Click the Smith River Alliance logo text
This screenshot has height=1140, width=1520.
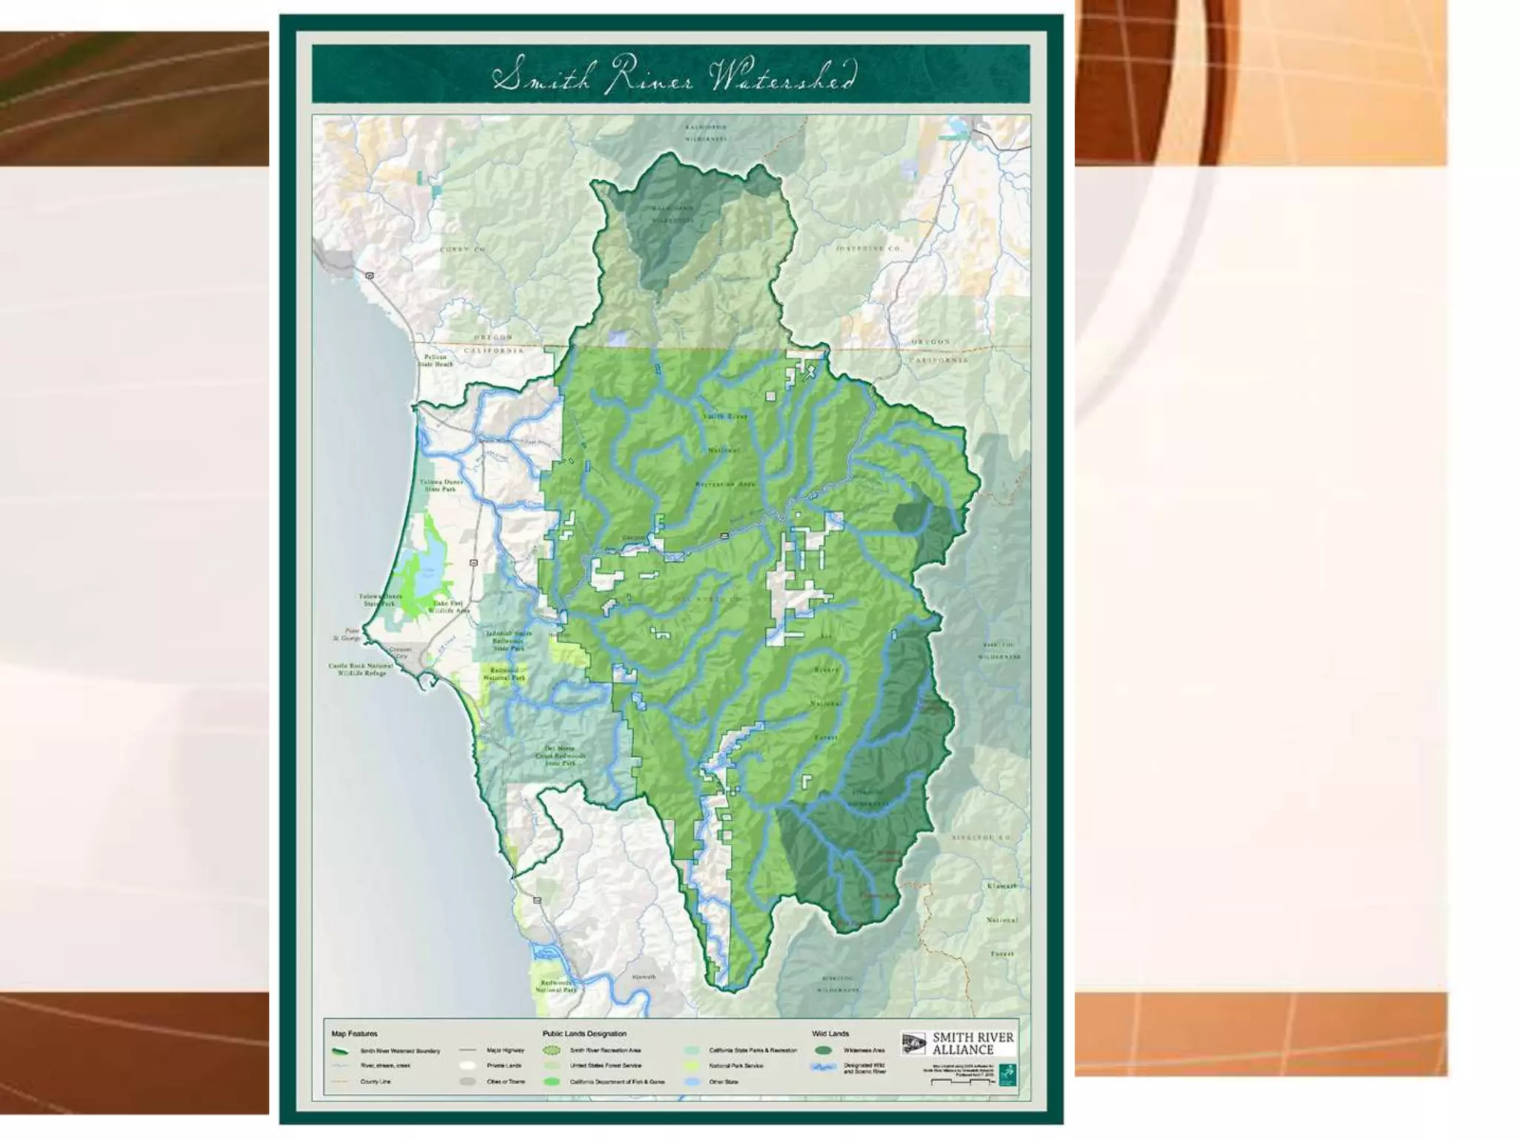tap(972, 1044)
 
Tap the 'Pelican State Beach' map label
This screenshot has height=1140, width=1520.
tap(435, 361)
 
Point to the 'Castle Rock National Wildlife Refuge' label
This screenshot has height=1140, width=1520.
tap(361, 669)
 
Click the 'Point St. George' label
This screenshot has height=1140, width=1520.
tap(347, 635)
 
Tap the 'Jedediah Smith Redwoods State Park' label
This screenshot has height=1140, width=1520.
tap(508, 641)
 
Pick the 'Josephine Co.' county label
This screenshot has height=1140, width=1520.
tap(868, 249)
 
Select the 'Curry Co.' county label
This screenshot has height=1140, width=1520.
tap(462, 249)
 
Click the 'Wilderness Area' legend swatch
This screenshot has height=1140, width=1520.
tap(822, 1051)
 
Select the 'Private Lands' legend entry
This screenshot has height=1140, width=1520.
tap(503, 1066)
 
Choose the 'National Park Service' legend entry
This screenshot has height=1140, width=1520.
tap(735, 1066)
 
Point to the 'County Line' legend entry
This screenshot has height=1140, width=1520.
tap(375, 1081)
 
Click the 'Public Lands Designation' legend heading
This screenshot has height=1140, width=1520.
tap(584, 1033)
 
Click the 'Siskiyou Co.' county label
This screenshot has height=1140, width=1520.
tap(980, 837)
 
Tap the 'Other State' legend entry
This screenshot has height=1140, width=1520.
tap(722, 1081)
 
